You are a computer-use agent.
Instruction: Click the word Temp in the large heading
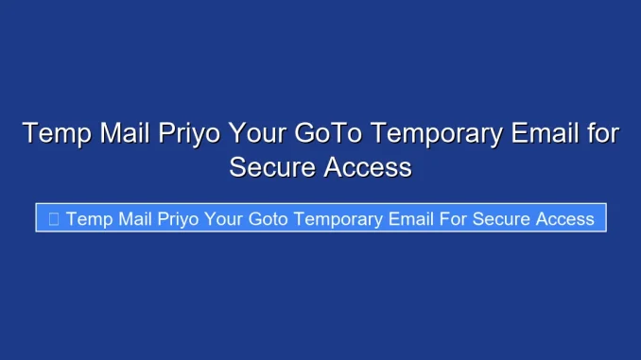coord(55,134)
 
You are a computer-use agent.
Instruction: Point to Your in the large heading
coord(257,134)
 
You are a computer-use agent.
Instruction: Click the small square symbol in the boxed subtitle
coord(53,219)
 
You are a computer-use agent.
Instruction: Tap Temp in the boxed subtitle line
coord(89,219)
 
